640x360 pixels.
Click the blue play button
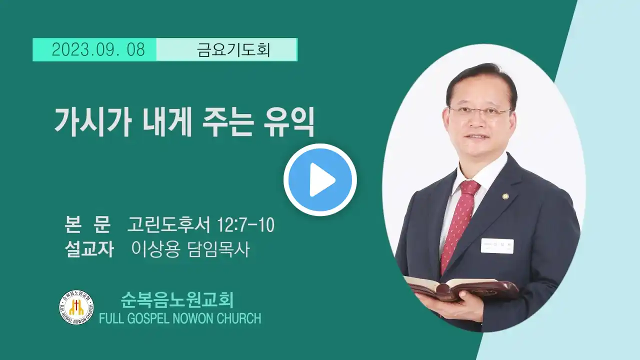(320, 179)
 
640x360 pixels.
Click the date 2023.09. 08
(98, 49)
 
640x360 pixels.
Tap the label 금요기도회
(233, 50)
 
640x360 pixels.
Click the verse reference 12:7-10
(245, 225)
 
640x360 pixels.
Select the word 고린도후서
(169, 225)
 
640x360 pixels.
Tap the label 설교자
(89, 249)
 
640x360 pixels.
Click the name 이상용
(155, 249)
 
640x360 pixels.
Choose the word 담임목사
(219, 249)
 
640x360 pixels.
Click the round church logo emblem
(76, 307)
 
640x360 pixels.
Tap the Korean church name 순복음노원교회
(177, 300)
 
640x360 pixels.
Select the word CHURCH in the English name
(239, 318)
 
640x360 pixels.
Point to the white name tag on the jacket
(497, 246)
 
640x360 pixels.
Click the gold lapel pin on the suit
(505, 196)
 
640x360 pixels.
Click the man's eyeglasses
(480, 113)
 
